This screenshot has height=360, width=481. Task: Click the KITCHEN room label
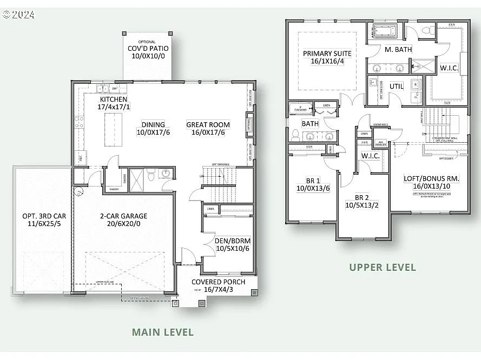point(113,99)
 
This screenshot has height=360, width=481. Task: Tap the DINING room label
point(153,124)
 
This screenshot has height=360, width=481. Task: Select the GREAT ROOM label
point(208,124)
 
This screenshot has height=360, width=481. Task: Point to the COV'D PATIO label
point(146,49)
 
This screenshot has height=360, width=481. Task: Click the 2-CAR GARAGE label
point(123,216)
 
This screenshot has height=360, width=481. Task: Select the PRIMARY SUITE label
point(327,54)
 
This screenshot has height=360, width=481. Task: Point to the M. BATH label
point(398,49)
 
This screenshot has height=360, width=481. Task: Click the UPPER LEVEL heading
point(382,267)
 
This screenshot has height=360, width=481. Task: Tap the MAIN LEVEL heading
point(162,332)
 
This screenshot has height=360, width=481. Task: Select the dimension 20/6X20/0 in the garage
point(123,223)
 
